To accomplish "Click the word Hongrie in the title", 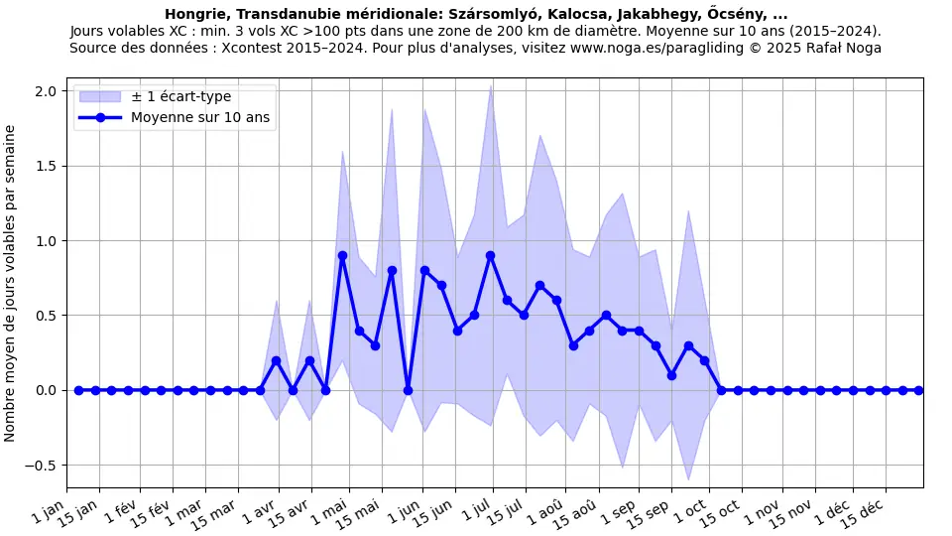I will click(194, 14).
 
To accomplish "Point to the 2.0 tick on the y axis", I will click(47, 91).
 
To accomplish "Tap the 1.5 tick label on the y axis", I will click(47, 166).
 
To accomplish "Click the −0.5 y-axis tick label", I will click(43, 466).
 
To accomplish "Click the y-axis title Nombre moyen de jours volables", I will click(11, 283).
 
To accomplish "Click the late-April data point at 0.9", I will click(342, 255).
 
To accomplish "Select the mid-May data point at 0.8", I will click(392, 270).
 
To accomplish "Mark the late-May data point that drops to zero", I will click(408, 390).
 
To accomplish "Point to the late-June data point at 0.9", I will click(490, 255).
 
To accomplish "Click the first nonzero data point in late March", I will click(276, 360).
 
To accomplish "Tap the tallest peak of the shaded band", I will click(490, 85).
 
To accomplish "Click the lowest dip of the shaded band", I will click(688, 479).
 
